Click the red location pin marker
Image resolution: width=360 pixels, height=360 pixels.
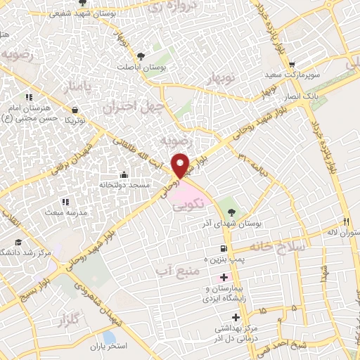point(181,165)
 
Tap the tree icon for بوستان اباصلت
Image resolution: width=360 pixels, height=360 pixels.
point(142,56)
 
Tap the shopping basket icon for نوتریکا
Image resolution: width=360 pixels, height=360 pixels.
point(75,109)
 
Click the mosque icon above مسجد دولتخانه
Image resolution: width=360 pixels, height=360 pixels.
point(124,174)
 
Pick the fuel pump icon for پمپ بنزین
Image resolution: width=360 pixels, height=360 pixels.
point(224,248)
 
